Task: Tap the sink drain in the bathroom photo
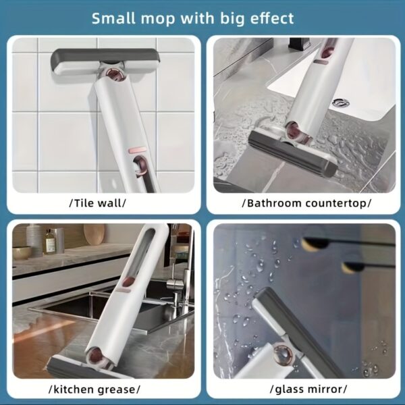click(342, 103)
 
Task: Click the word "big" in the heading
click(227, 18)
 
